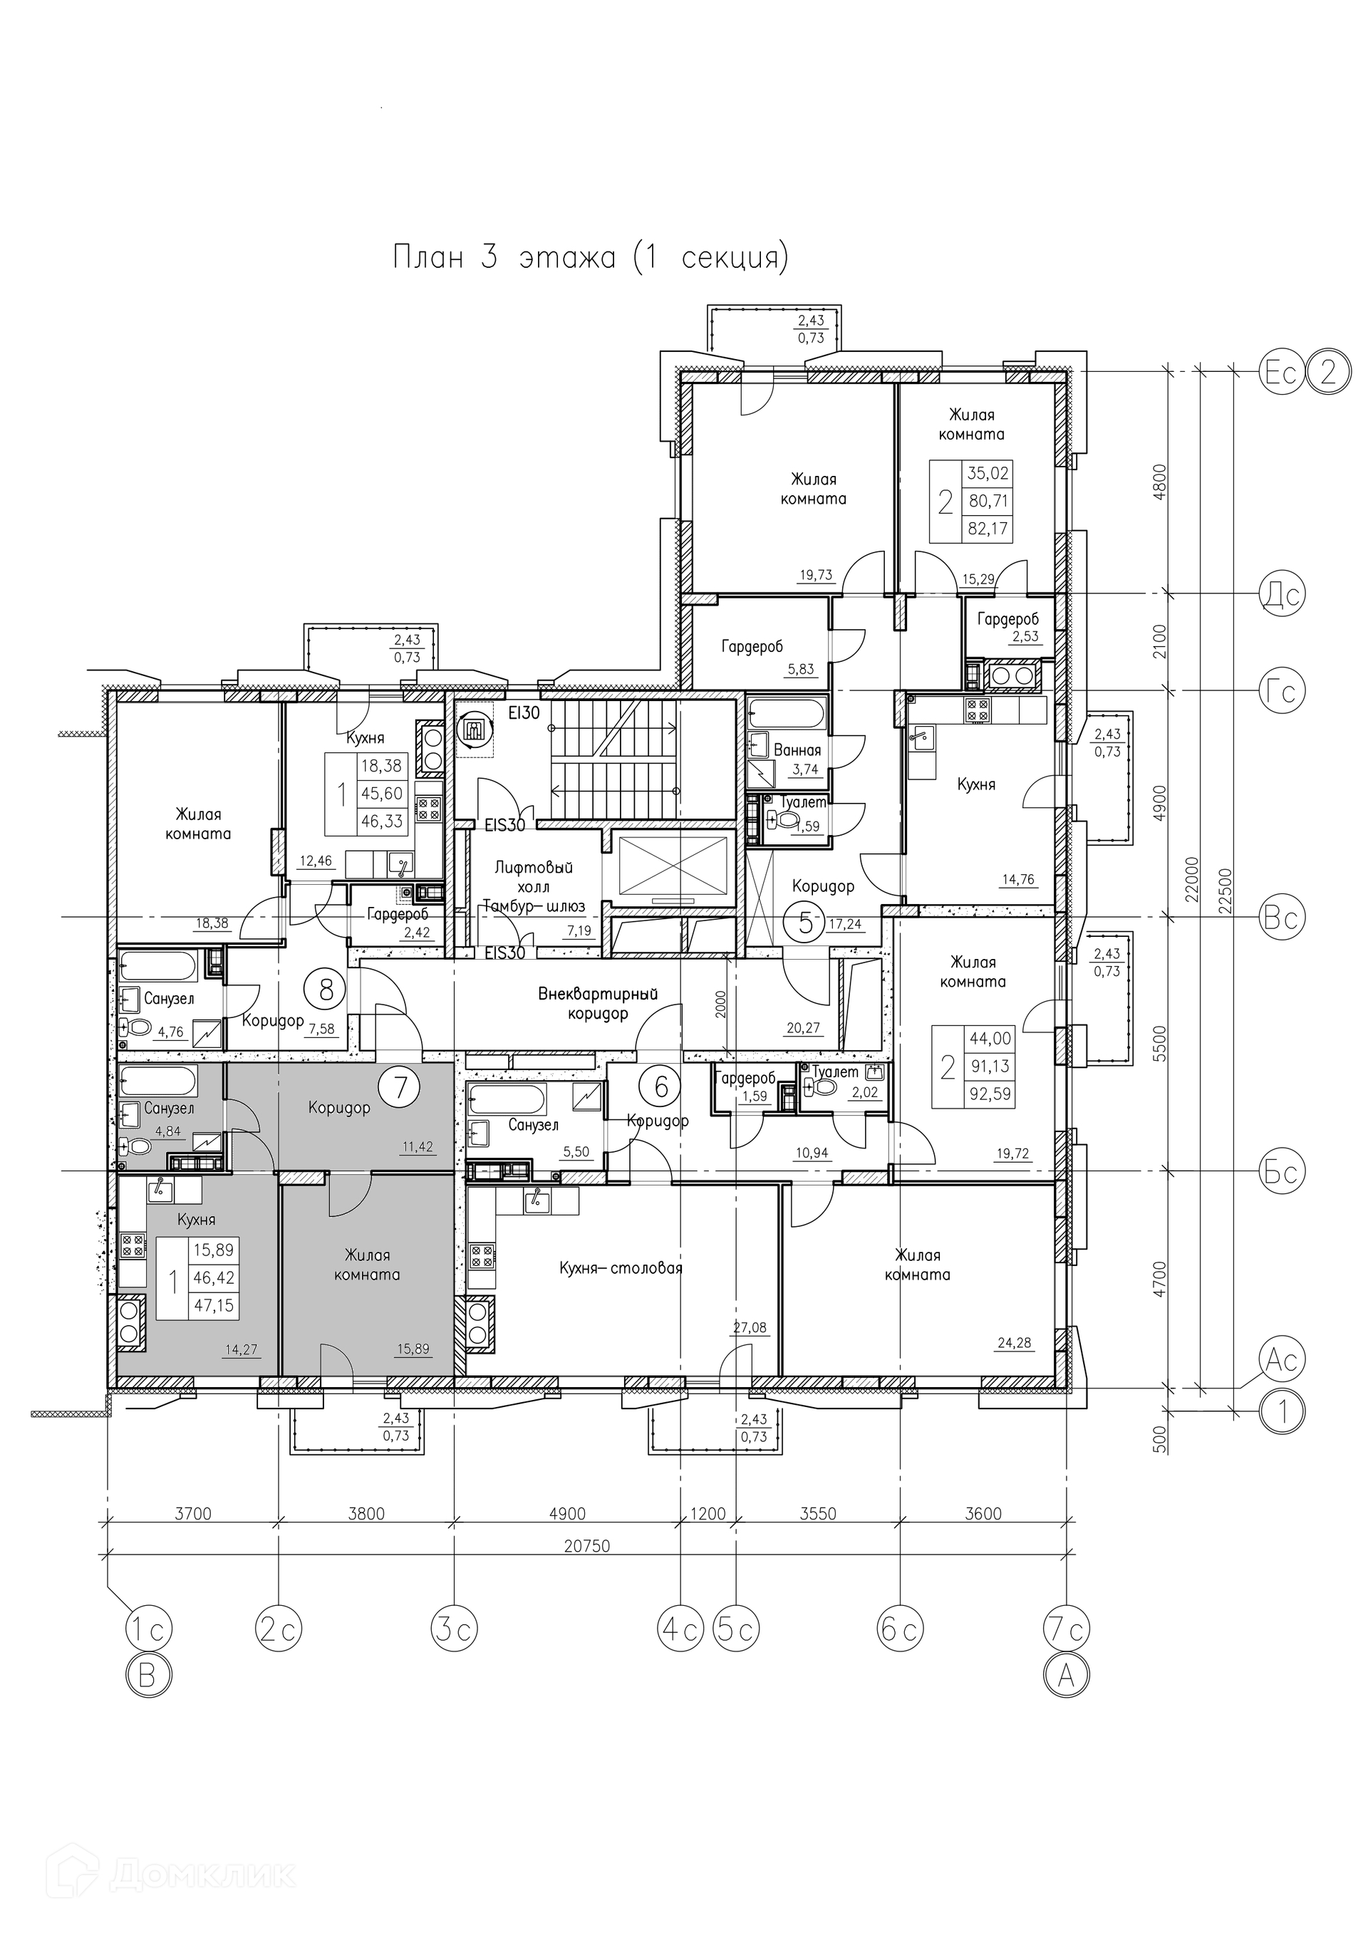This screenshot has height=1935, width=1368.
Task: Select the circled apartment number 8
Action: point(326,990)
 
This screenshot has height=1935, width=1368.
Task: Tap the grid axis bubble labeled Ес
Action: point(1281,372)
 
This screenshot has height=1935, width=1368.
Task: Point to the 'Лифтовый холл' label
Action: point(522,876)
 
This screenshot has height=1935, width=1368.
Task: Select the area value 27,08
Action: point(750,1327)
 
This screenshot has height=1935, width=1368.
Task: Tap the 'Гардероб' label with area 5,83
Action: point(752,646)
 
